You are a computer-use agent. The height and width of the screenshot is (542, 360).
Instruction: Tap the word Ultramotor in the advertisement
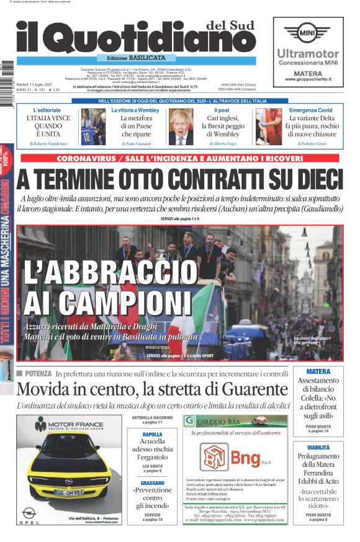308,54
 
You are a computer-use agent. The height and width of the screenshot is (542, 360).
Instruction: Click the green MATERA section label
318,372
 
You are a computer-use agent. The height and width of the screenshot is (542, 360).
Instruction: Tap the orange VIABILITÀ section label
318,447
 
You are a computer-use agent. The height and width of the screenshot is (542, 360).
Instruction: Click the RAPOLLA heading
153,435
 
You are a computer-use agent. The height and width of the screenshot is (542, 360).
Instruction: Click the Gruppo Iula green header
235,420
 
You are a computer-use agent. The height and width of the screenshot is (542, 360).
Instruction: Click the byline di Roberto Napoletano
47,143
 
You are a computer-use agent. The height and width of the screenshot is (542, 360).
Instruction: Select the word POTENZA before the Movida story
38,374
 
